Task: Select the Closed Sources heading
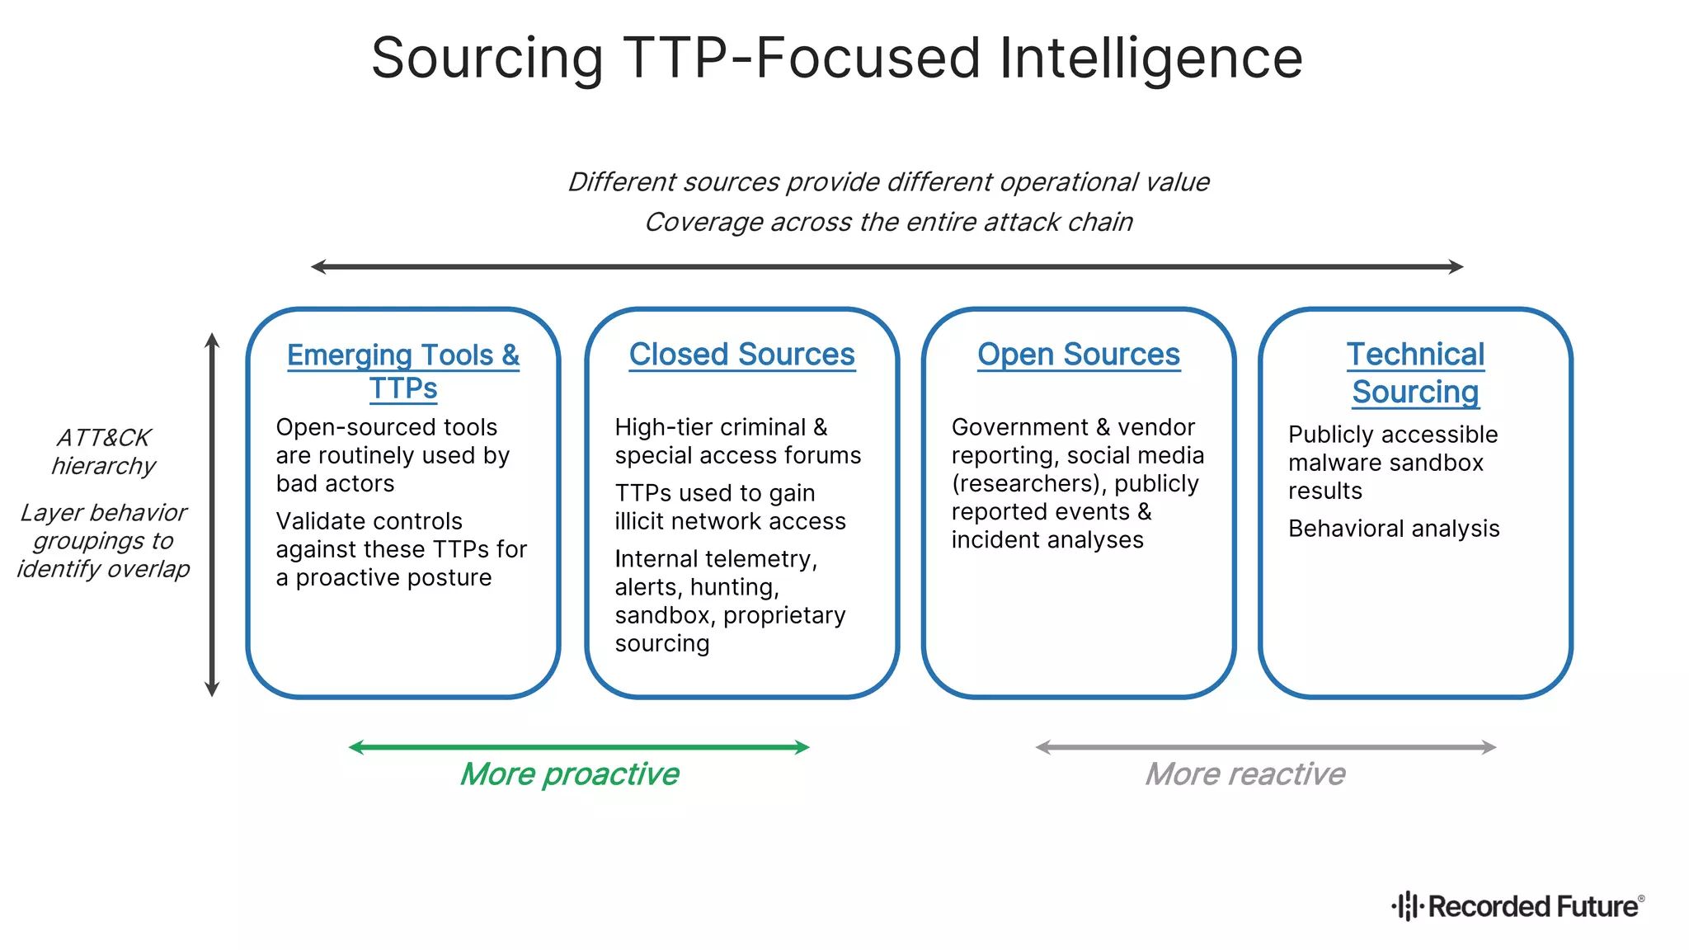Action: click(741, 355)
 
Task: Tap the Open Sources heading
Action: click(1078, 355)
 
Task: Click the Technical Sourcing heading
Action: click(1415, 373)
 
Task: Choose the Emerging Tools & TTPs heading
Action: click(403, 371)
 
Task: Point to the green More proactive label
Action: click(569, 774)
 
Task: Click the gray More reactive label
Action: click(1244, 774)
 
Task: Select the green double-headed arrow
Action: click(579, 747)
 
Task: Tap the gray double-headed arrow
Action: click(1266, 747)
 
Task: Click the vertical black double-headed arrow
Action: click(212, 515)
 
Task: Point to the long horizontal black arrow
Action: click(887, 266)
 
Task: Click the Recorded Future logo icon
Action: click(1408, 905)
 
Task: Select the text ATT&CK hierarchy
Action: click(103, 452)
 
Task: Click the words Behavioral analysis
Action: click(1393, 529)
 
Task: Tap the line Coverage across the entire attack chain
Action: click(888, 223)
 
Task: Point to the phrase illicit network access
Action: click(730, 521)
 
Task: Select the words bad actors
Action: click(335, 483)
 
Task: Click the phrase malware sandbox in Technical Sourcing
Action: click(1386, 463)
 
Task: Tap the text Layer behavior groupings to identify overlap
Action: click(103, 541)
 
